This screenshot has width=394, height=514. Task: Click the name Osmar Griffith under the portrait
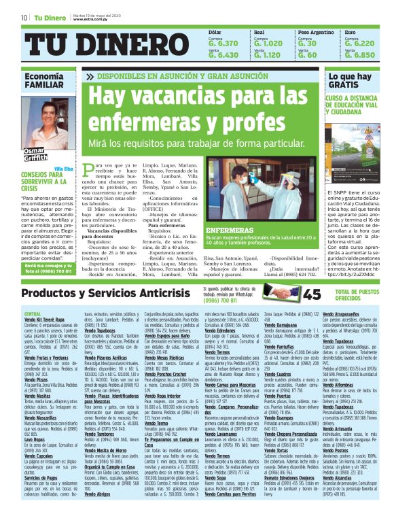coord(35,154)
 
